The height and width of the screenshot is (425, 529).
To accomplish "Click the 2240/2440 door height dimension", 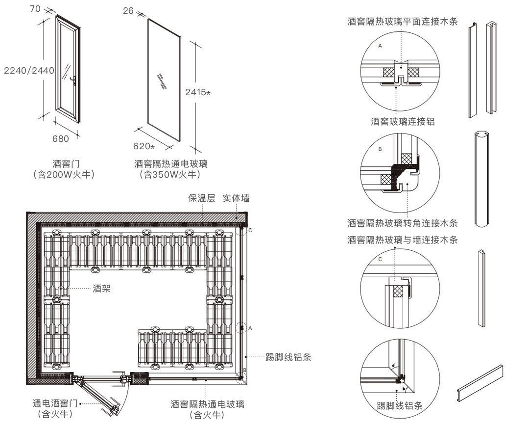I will (29, 71).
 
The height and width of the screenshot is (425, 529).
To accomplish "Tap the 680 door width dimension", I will (61, 138).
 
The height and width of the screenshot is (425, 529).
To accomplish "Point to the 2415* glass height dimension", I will (197, 92).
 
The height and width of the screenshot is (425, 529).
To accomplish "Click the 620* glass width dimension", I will (144, 146).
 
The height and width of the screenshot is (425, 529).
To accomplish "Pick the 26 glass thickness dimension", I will (128, 10).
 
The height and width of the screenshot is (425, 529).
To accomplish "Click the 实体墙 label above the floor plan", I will (236, 198).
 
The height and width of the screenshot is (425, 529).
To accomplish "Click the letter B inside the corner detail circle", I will (380, 148).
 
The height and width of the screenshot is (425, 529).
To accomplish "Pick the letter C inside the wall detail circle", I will (380, 259).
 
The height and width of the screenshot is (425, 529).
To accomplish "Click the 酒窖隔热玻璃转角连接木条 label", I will (403, 223).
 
